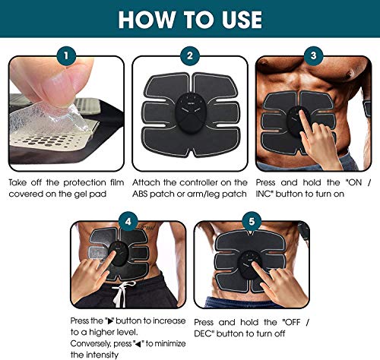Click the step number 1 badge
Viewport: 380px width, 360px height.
coord(66,55)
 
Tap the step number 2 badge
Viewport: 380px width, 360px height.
coord(189,55)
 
